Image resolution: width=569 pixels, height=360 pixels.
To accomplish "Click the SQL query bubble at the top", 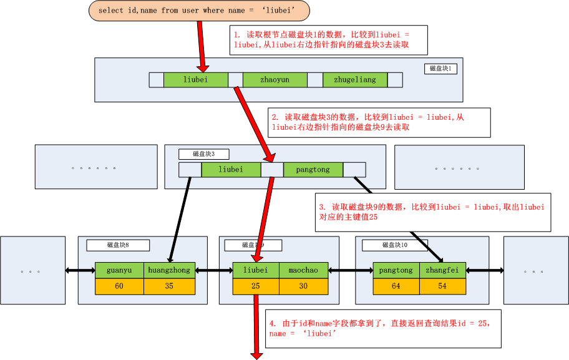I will pyautogui.click(x=200, y=11).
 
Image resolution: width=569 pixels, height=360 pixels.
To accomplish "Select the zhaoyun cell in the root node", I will pyautogui.click(x=275, y=80).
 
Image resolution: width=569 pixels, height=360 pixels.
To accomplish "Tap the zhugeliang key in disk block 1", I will pyautogui.click(x=355, y=80).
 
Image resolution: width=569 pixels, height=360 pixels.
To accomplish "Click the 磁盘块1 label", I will pyautogui.click(x=440, y=69).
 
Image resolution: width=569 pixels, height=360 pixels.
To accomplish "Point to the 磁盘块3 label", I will pyautogui.click(x=203, y=153).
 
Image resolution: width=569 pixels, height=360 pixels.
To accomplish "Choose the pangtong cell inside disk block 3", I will pyautogui.click(x=313, y=170).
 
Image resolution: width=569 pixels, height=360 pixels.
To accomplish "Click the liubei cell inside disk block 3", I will pyautogui.click(x=231, y=170).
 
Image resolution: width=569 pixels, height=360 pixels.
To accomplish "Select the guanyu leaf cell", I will pyautogui.click(x=119, y=270).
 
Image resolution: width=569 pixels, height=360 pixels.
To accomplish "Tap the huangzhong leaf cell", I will pyautogui.click(x=169, y=270).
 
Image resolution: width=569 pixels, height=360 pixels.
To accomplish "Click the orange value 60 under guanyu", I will pyautogui.click(x=119, y=286).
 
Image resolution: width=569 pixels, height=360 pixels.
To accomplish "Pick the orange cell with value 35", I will pyautogui.click(x=169, y=286).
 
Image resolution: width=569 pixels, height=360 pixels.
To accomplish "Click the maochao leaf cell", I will pyautogui.click(x=303, y=270).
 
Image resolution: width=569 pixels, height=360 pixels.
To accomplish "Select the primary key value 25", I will pyautogui.click(x=256, y=286).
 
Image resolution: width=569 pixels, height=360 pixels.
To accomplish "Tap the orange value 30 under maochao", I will pyautogui.click(x=303, y=286).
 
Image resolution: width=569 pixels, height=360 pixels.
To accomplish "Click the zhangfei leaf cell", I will pyautogui.click(x=442, y=270).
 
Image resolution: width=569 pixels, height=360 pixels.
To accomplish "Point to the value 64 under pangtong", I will pyautogui.click(x=396, y=286).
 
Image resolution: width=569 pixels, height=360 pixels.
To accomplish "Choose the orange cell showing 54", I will pyautogui.click(x=442, y=286).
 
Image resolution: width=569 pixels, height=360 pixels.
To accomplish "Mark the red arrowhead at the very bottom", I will pyautogui.click(x=256, y=355).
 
